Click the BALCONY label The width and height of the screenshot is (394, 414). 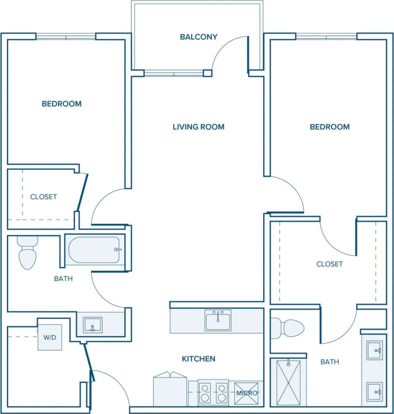click(198, 36)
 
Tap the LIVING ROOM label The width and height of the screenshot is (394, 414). click(198, 127)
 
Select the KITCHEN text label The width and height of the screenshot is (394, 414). click(198, 359)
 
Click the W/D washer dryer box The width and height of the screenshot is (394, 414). click(50, 337)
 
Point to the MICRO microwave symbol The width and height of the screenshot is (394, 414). click(247, 393)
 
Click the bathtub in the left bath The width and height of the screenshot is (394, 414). click(95, 249)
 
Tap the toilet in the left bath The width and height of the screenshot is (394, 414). click(27, 253)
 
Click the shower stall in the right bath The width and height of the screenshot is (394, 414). click(288, 382)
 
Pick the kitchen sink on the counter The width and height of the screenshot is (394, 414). click(218, 320)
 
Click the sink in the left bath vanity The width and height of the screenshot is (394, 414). click(92, 324)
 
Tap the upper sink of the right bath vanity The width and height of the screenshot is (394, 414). click(374, 350)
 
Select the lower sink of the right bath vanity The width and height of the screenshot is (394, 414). click(374, 391)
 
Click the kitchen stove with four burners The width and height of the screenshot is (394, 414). click(213, 393)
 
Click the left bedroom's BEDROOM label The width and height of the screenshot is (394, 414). click(62, 104)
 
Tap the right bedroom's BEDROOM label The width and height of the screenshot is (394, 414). click(329, 127)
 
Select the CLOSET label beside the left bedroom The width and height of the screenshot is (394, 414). click(44, 197)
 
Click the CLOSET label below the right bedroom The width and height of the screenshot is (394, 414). click(329, 264)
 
